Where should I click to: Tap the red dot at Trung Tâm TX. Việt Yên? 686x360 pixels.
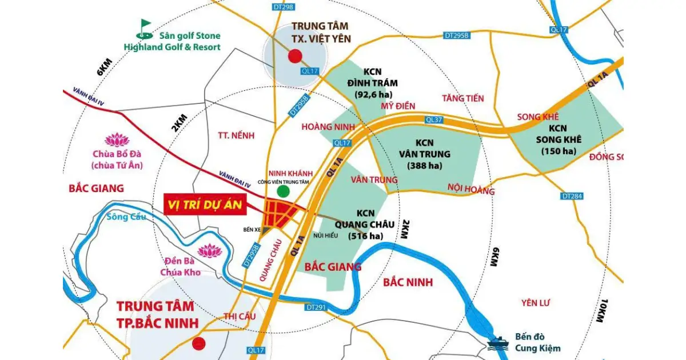pos(294,55)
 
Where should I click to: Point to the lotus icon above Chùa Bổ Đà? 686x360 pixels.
pos(118,139)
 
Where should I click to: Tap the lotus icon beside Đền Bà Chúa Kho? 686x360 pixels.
pos(208,250)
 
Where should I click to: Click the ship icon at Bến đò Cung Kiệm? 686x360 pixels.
pos(494,343)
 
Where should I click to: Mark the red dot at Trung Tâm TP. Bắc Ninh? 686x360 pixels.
pos(198,343)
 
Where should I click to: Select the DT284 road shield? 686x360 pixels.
pos(572,197)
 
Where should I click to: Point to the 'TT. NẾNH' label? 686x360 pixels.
pos(236,135)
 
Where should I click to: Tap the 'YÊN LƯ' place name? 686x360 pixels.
pos(536,302)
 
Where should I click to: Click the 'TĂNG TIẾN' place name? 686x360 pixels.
pos(463,98)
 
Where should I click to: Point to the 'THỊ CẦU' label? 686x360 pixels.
pos(239,315)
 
